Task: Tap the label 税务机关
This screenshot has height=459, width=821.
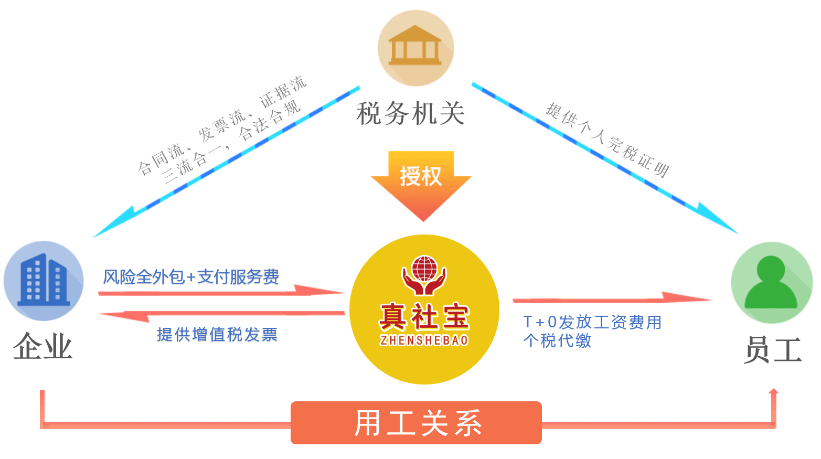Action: pyautogui.click(x=411, y=113)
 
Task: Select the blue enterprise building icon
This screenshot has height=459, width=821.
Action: pyautogui.click(x=44, y=281)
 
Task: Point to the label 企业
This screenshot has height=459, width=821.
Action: pyautogui.click(x=42, y=346)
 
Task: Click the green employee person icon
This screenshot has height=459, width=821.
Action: pyautogui.click(x=771, y=282)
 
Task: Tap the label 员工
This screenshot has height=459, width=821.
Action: pyautogui.click(x=773, y=349)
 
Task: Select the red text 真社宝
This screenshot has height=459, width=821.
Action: pyautogui.click(x=424, y=316)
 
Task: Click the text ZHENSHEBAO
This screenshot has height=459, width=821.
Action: pyautogui.click(x=424, y=341)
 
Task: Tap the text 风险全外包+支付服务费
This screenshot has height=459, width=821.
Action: pyautogui.click(x=191, y=276)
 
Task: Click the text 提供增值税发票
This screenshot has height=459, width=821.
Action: pyautogui.click(x=217, y=334)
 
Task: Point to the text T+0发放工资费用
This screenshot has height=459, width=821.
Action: pyautogui.click(x=592, y=322)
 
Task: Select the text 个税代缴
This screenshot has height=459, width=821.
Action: pyautogui.click(x=557, y=340)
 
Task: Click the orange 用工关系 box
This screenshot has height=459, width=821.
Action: pyautogui.click(x=416, y=423)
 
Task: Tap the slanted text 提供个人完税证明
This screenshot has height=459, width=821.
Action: pyautogui.click(x=607, y=140)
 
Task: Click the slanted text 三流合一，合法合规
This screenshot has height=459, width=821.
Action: pyautogui.click(x=231, y=142)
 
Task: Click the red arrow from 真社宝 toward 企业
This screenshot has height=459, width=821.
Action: pyautogui.click(x=221, y=314)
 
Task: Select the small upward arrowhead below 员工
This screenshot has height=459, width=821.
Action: pyautogui.click(x=773, y=391)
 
